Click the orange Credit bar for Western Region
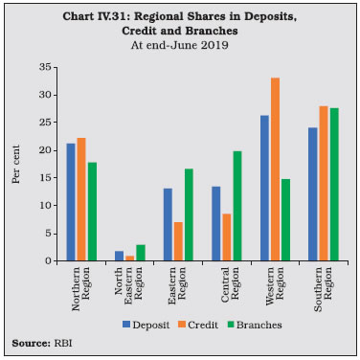275,169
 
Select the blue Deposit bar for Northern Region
71,202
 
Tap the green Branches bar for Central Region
237,206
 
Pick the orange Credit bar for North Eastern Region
129,259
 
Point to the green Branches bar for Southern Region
334,185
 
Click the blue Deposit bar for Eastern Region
168,225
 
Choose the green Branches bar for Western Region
285,220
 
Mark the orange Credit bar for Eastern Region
178,241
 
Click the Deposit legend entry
146,325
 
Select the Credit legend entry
198,325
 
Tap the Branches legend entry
255,325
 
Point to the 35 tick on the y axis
56,67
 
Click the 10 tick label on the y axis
46,205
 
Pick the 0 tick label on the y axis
49,260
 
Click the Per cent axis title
16,164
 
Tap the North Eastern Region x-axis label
128,283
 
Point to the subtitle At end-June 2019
180,45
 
